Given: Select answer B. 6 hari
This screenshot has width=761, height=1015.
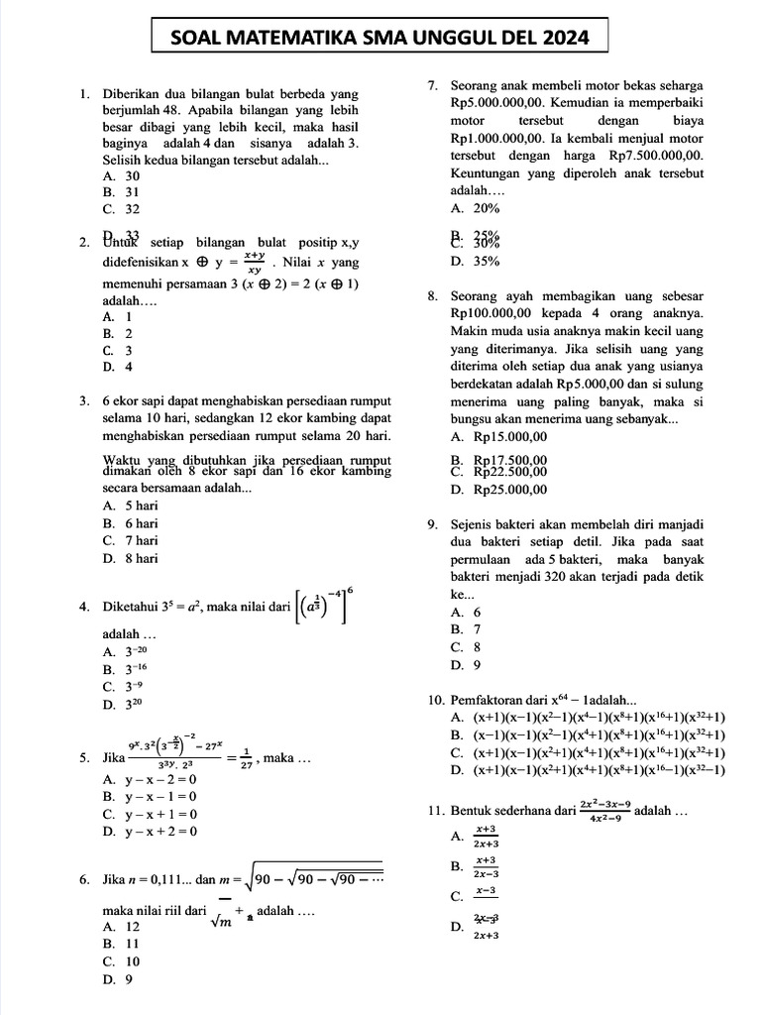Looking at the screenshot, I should [130, 522].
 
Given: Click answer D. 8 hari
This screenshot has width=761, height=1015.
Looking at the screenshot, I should [130, 558].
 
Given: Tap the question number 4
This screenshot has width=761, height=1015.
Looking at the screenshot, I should [84, 607].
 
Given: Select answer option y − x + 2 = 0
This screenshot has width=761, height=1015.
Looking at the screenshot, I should [151, 832].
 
